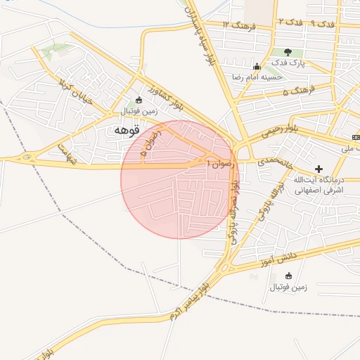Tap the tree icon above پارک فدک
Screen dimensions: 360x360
287,52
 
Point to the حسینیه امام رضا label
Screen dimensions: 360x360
257,76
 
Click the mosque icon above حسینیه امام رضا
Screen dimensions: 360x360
266,65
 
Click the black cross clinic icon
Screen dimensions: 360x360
319,169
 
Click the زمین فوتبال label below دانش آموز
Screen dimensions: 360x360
285,287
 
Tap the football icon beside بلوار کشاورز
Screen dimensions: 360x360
139,100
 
